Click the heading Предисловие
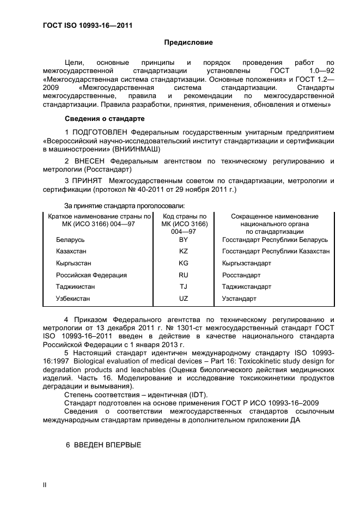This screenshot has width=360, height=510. [x=188, y=42]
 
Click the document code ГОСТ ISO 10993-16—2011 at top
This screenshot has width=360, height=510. [x=88, y=25]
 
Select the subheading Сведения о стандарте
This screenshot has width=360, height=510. [x=105, y=118]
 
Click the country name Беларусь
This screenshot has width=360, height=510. [x=70, y=240]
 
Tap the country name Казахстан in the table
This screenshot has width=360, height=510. [x=71, y=252]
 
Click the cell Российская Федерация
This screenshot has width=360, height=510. [x=91, y=275]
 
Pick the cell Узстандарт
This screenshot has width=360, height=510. [x=239, y=299]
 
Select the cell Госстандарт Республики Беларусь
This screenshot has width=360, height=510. [x=275, y=240]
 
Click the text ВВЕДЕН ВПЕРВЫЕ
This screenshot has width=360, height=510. [x=103, y=445]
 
